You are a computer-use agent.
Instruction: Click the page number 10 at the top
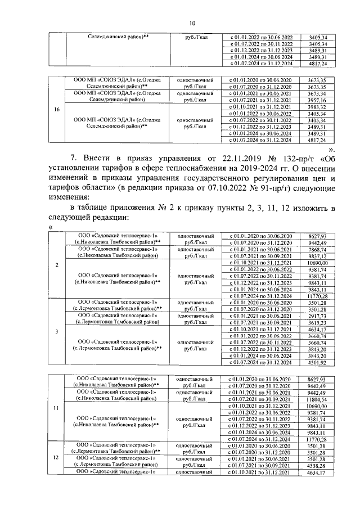[192, 22]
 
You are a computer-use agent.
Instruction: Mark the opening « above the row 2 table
[51, 227]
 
